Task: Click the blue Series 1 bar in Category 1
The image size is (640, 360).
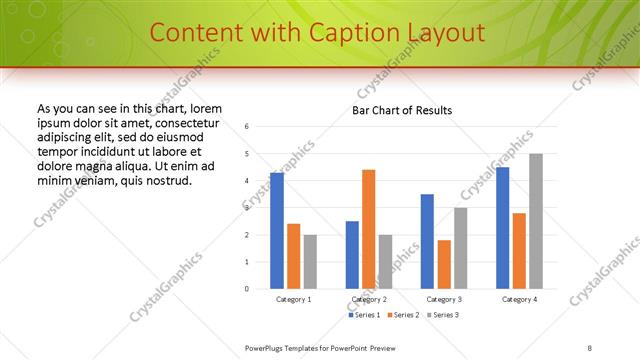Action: [x=277, y=230]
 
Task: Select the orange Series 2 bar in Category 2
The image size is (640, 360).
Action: [x=368, y=229]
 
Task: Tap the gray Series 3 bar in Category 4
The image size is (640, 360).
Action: [x=536, y=221]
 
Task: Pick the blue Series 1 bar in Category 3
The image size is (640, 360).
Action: [x=427, y=241]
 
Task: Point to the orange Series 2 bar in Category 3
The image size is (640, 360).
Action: [x=444, y=264]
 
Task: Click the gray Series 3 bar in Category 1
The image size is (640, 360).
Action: [x=310, y=261]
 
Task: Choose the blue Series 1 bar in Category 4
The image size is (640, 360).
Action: [x=502, y=227]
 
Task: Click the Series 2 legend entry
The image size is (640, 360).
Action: [x=404, y=315]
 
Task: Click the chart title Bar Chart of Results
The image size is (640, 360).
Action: [x=402, y=110]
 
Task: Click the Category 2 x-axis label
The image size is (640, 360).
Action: [x=368, y=299]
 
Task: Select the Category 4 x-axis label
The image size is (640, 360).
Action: [x=519, y=299]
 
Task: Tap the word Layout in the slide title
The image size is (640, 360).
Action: [x=446, y=32]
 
